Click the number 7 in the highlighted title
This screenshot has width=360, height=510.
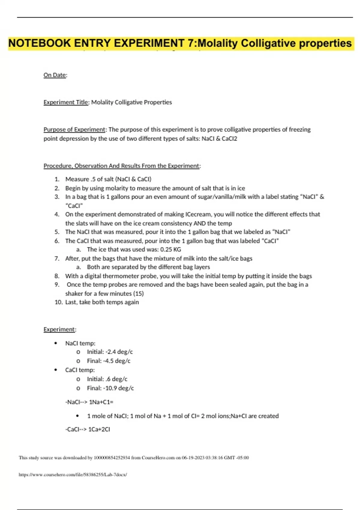pyautogui.click(x=191, y=43)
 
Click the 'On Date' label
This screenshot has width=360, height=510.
pyautogui.click(x=55, y=75)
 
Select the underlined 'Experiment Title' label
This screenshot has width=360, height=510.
pyautogui.click(x=66, y=102)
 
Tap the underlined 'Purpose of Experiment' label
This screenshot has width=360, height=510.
pyautogui.click(x=74, y=130)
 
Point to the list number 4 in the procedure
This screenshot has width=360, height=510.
pyautogui.click(x=57, y=214)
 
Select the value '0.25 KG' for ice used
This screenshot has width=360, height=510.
pyautogui.click(x=170, y=250)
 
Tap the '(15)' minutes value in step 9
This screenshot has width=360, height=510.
pyautogui.click(x=138, y=294)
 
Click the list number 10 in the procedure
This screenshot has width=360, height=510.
pyautogui.click(x=58, y=302)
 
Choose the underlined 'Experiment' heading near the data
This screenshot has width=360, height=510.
pyautogui.click(x=59, y=329)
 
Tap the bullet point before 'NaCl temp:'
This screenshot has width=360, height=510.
pyautogui.click(x=55, y=343)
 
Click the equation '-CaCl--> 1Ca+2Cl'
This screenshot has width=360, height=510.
pyautogui.click(x=88, y=430)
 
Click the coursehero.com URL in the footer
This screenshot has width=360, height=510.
pyautogui.click(x=73, y=475)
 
